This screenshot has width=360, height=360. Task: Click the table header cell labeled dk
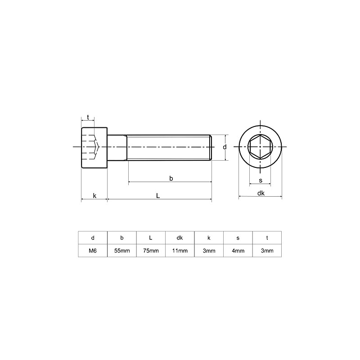pyautogui.click(x=180, y=238)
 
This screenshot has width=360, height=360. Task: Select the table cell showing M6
pyautogui.click(x=93, y=251)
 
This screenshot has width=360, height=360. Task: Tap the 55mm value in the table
pyautogui.click(x=121, y=251)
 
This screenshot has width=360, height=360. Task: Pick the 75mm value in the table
pyautogui.click(x=151, y=251)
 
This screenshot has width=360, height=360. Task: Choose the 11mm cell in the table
pyautogui.click(x=180, y=251)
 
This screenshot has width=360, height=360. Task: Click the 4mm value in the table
pyautogui.click(x=238, y=251)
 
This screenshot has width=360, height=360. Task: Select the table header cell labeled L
pyautogui.click(x=151, y=238)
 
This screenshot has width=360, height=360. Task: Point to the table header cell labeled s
pyautogui.click(x=238, y=238)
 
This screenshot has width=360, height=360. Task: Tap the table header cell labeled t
pyautogui.click(x=267, y=238)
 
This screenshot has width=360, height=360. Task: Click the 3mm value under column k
pyautogui.click(x=209, y=251)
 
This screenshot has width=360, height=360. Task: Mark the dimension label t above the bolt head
pyautogui.click(x=88, y=117)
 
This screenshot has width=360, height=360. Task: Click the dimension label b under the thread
pyautogui.click(x=171, y=178)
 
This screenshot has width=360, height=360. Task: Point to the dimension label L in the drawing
pyautogui.click(x=158, y=196)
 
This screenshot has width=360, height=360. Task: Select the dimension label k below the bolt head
pyautogui.click(x=94, y=196)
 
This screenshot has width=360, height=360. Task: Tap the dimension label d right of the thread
pyautogui.click(x=224, y=147)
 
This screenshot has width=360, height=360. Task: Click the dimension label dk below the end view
pyautogui.click(x=261, y=193)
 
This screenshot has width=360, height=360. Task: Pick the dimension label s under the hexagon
pyautogui.click(x=261, y=180)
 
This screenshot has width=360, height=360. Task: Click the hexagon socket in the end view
pyautogui.click(x=260, y=147)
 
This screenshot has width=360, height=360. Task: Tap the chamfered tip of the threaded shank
pyautogui.click(x=210, y=147)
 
